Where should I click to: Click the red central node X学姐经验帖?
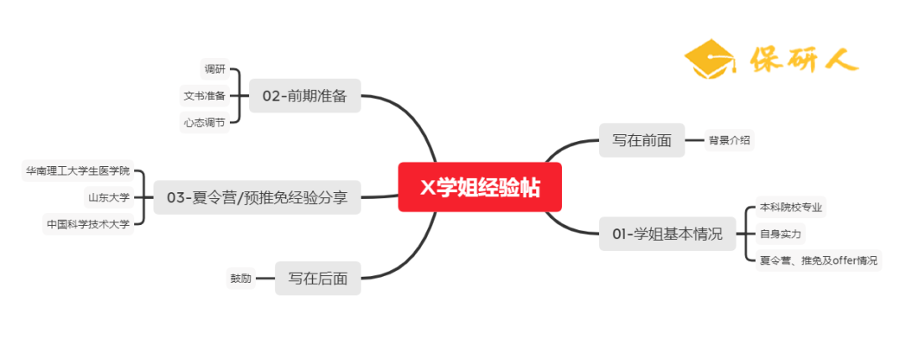click(x=479, y=188)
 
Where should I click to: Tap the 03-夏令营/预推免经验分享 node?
click(x=258, y=198)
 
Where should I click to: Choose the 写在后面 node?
click(x=318, y=278)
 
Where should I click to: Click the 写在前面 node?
click(x=642, y=140)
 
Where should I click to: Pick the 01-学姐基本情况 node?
click(x=667, y=234)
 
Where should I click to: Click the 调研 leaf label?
click(x=215, y=69)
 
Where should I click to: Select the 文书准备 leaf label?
click(x=205, y=96)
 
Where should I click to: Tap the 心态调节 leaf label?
click(x=205, y=123)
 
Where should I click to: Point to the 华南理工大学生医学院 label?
click(x=78, y=171)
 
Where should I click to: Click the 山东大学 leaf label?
click(x=109, y=198)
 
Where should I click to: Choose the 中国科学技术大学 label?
click(x=89, y=224)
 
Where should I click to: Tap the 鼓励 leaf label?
click(x=241, y=279)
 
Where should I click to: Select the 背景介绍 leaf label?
click(x=729, y=140)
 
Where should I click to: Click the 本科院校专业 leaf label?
click(x=791, y=206)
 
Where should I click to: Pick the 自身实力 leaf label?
click(x=779, y=233)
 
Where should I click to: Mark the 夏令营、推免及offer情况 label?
click(x=818, y=260)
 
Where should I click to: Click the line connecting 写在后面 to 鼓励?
click(x=265, y=279)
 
